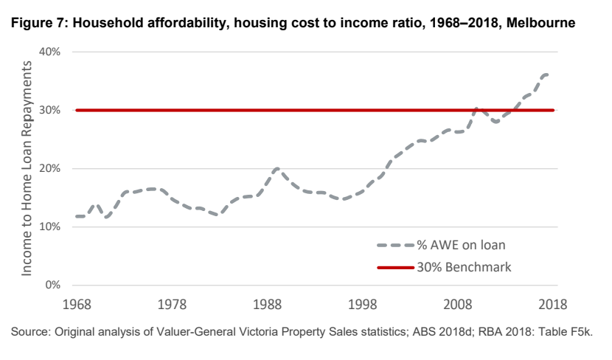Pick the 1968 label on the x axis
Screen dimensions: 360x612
77,304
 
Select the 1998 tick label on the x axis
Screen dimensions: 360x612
365,304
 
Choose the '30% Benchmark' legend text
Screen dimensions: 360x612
465,266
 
